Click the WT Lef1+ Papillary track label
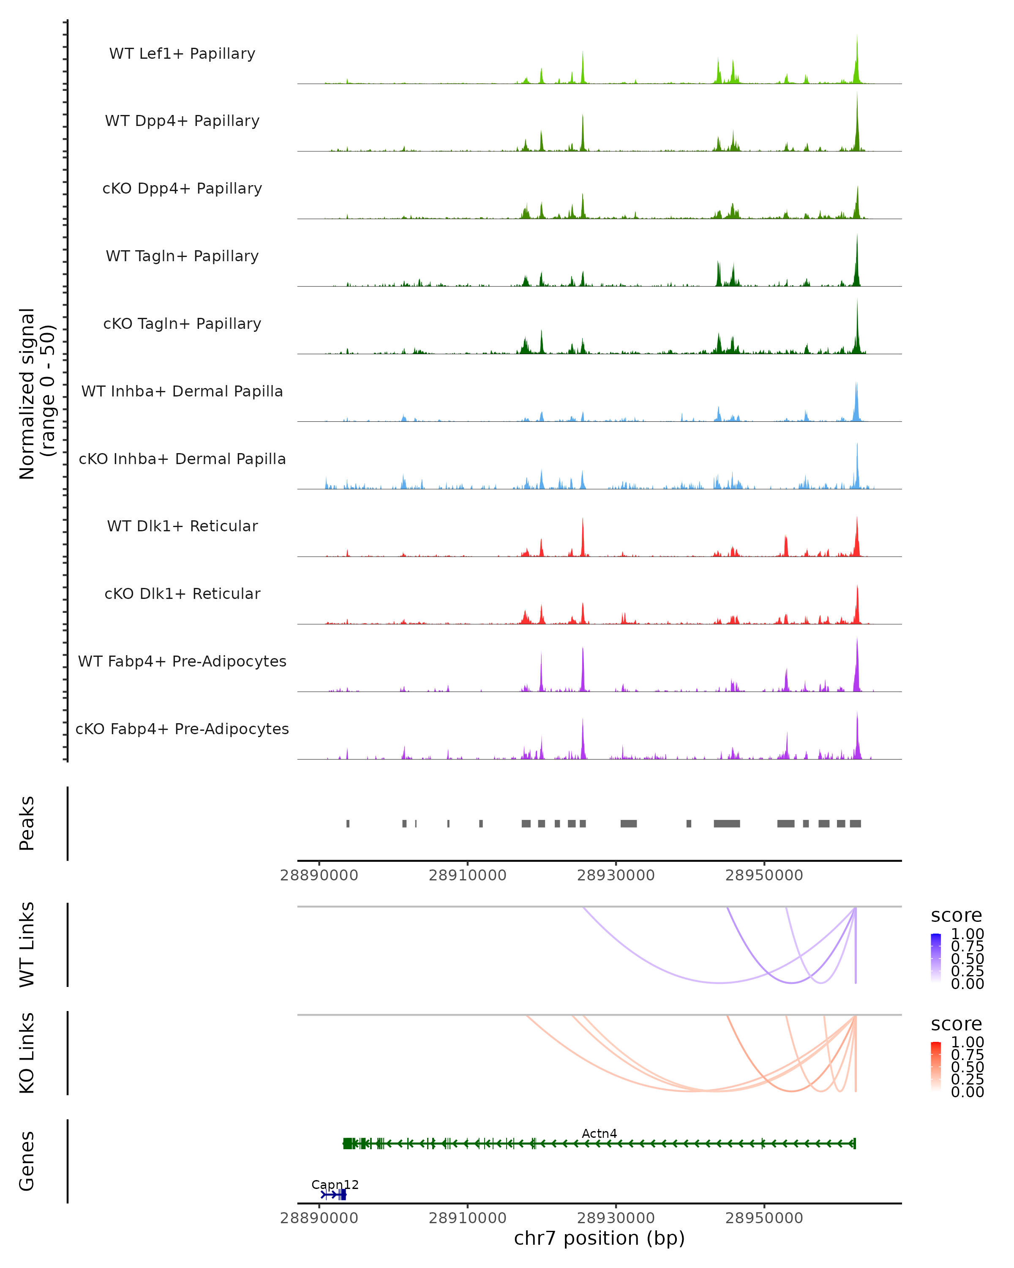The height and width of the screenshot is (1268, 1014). click(x=182, y=54)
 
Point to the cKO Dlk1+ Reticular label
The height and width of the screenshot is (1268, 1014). click(x=182, y=593)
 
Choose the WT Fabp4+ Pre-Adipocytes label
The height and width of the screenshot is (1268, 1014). click(x=182, y=661)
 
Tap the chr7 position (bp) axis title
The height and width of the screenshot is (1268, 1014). click(x=599, y=1238)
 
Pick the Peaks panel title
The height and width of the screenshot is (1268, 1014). click(x=27, y=823)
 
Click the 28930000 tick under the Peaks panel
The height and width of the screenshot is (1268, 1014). click(x=616, y=875)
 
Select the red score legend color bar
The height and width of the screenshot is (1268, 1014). click(x=936, y=1066)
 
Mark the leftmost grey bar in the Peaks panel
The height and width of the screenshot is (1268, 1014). click(x=348, y=823)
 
